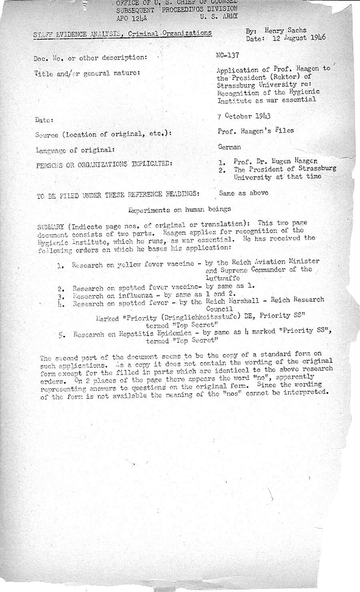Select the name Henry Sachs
[285, 30]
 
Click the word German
[229, 147]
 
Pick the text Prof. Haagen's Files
[256, 130]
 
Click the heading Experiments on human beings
[180, 209]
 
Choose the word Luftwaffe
[223, 278]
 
